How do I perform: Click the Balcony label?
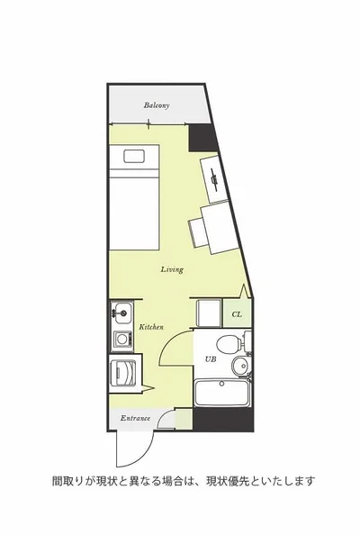pyautogui.click(x=157, y=105)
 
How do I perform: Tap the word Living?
pyautogui.click(x=172, y=269)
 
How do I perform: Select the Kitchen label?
pyautogui.click(x=151, y=327)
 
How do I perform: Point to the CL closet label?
pyautogui.click(x=237, y=314)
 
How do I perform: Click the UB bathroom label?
pyautogui.click(x=211, y=359)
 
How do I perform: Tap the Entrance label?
pyautogui.click(x=135, y=418)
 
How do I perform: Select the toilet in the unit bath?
pyautogui.click(x=234, y=342)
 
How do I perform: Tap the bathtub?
pyautogui.click(x=222, y=393)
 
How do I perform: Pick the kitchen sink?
pyautogui.click(x=121, y=313)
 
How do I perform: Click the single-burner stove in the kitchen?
pyautogui.click(x=122, y=340)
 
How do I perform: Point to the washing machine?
pyautogui.click(x=122, y=372)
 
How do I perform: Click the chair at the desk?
pyautogui.click(x=198, y=232)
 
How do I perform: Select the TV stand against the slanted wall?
pyautogui.click(x=214, y=178)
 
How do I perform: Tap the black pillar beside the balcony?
pyautogui.click(x=203, y=138)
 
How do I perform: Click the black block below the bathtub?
pyautogui.click(x=223, y=420)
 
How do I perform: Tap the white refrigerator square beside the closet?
pyautogui.click(x=210, y=313)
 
